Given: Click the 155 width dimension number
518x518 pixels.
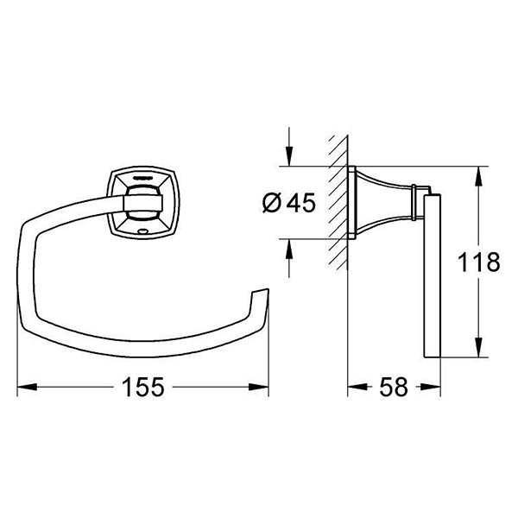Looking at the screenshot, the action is pos(142,387).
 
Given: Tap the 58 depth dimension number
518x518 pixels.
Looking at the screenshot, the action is pos(394,387).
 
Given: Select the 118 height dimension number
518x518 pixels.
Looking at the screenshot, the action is pos(478,262).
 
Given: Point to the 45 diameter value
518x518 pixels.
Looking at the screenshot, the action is pos(301,203).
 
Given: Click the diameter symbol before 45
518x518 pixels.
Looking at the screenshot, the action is pos(272,203).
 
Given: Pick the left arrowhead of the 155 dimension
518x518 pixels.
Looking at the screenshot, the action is pos(27,387).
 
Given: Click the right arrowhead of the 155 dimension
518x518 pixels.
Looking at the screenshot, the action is pos(259,387).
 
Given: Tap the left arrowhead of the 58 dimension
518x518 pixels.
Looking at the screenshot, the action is pos(357,387).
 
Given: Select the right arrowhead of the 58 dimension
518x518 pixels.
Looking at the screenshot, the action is pos(431,387).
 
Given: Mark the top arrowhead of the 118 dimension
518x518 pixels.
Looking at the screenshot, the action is pos(478,176).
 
